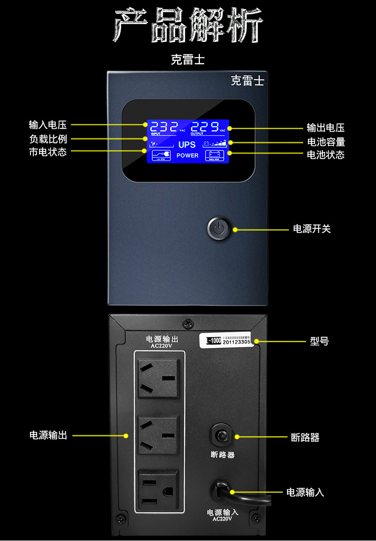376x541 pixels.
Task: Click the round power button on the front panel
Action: click(x=218, y=229)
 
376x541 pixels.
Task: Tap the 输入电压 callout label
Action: click(x=48, y=125)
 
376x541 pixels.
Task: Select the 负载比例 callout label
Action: click(x=48, y=139)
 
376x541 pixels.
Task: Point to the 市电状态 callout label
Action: click(x=48, y=153)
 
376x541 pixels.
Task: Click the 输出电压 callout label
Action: click(x=326, y=128)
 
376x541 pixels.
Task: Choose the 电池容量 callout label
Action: click(x=326, y=142)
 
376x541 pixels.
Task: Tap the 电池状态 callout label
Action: click(x=326, y=154)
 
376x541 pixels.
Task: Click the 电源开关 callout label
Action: click(x=311, y=229)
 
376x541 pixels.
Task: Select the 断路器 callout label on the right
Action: click(x=305, y=438)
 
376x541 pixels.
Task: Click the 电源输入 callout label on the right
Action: click(x=305, y=492)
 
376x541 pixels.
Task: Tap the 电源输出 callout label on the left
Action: click(x=48, y=435)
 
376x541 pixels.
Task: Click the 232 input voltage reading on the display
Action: click(x=164, y=127)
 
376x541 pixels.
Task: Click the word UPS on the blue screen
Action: click(x=187, y=145)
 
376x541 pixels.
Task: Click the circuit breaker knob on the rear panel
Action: click(x=221, y=435)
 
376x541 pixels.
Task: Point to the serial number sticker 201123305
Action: click(x=238, y=342)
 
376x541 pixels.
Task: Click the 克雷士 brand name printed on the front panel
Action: click(x=247, y=81)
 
